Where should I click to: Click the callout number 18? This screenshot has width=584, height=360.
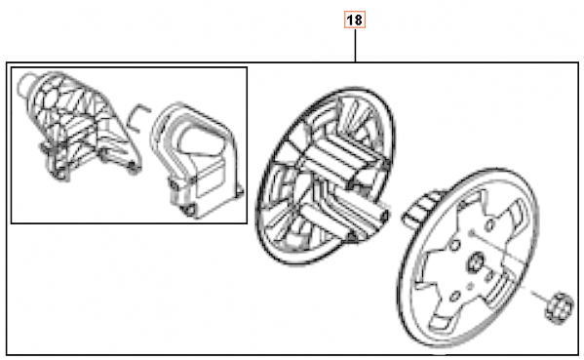point(354,19)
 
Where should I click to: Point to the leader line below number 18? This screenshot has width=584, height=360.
point(354,45)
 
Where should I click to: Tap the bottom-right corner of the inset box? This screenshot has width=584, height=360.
point(246,222)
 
